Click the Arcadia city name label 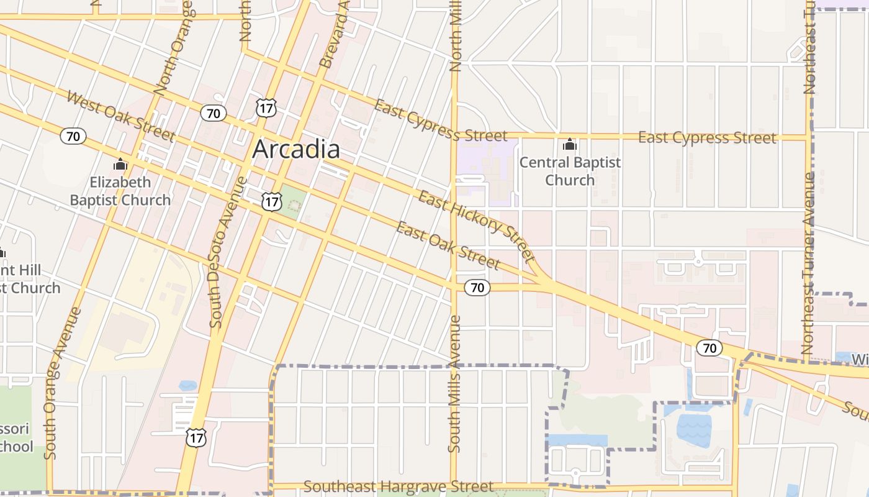[x=296, y=149]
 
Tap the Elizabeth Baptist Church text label [x=120, y=191]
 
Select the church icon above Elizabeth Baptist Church [x=120, y=165]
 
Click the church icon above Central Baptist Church [x=569, y=145]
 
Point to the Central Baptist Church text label [x=570, y=171]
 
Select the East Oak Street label [x=448, y=245]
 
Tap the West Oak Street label [x=120, y=116]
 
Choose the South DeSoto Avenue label [x=227, y=252]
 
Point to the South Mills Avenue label [x=455, y=384]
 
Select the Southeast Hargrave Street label [x=398, y=486]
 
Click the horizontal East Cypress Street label [x=707, y=137]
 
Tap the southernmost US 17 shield [x=196, y=437]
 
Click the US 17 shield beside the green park [x=271, y=201]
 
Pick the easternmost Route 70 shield [x=709, y=348]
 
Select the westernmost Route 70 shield [x=73, y=135]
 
